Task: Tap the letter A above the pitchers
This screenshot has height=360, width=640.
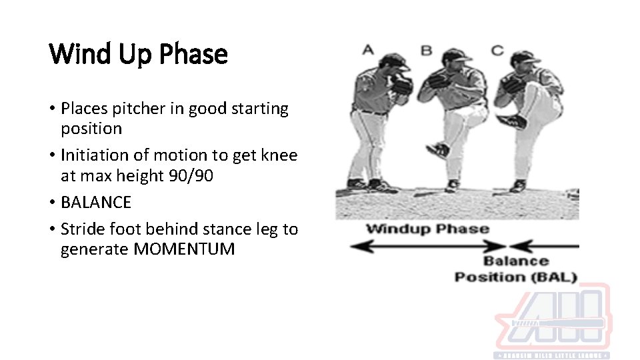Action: [367, 49]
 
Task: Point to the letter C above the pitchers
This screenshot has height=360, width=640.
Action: [497, 49]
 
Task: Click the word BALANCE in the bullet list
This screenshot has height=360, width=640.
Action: [96, 202]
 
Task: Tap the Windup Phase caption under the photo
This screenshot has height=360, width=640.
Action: [427, 229]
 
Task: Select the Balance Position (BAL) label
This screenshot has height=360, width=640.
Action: [515, 269]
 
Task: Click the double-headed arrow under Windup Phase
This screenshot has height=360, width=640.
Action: [427, 246]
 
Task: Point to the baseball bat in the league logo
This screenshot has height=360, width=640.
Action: [557, 324]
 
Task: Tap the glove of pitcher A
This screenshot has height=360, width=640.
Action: [402, 84]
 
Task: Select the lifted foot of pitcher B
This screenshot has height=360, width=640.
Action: [437, 151]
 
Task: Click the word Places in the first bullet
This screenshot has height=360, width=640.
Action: [83, 109]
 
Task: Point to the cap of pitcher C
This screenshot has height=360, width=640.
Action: [526, 57]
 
